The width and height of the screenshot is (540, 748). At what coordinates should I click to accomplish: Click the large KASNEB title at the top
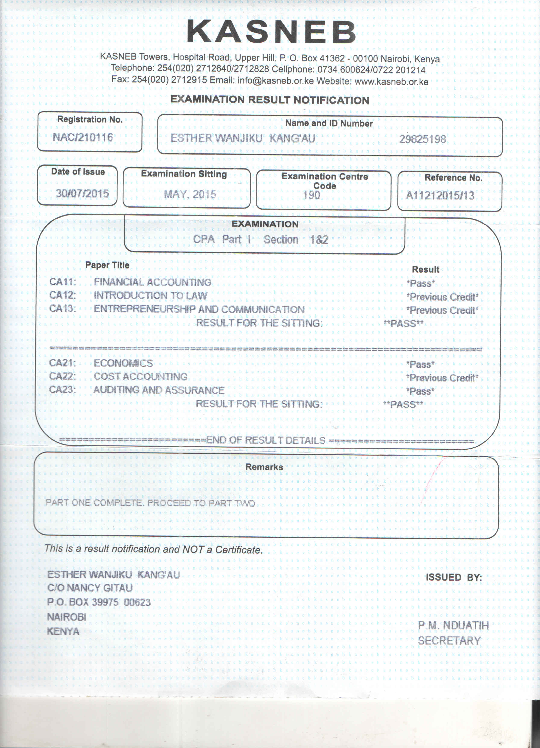tap(271, 32)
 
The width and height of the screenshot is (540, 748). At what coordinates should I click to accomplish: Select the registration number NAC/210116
tap(82, 137)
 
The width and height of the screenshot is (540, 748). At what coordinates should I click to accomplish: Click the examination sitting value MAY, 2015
tap(190, 194)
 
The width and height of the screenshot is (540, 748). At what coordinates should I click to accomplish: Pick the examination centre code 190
tap(311, 195)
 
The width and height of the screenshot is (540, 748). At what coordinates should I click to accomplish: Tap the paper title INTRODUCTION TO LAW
tap(151, 295)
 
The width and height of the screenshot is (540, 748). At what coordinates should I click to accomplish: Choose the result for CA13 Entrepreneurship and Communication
tap(442, 310)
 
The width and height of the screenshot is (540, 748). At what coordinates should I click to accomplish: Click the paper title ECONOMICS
tap(123, 363)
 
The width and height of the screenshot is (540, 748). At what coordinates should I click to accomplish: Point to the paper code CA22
tap(62, 376)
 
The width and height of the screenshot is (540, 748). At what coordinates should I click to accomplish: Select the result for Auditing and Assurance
tap(420, 392)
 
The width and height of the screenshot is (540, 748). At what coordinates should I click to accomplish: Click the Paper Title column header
tap(107, 265)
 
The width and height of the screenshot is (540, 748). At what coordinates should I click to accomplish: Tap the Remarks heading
tap(264, 467)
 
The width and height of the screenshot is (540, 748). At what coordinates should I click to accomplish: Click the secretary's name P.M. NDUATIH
tap(453, 625)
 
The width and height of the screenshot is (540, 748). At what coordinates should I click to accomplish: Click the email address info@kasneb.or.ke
tap(276, 81)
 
